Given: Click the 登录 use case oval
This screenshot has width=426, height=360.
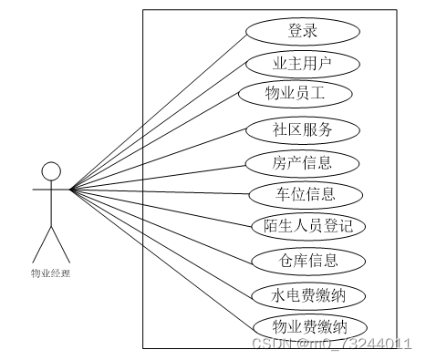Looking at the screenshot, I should point(303,31).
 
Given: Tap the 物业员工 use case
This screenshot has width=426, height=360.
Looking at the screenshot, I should point(294,94).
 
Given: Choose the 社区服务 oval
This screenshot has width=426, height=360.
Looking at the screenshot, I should point(303,129).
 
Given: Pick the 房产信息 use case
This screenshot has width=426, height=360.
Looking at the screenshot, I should point(303,162).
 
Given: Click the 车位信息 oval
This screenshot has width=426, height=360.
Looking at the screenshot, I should point(305,193).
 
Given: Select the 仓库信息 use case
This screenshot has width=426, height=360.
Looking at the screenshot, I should point(308,261).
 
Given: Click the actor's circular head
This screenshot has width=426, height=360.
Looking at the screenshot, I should point(51,170).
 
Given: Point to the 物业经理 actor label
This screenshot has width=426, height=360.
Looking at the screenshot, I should point(50,272).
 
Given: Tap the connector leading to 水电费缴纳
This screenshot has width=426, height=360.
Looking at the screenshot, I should point(160,242).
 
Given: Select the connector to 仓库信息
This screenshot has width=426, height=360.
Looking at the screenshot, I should point(160,225).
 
